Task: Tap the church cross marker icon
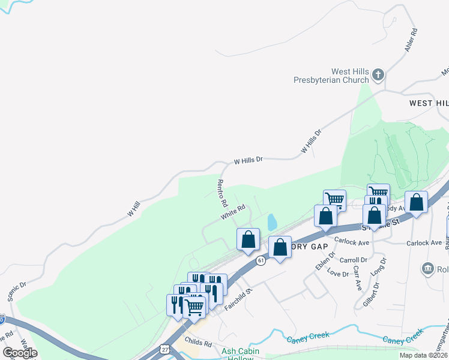pos(378,75)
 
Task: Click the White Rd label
pos(233,212)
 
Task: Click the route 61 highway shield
pos(261,260)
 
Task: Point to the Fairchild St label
pos(238,298)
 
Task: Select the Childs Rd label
pos(199,343)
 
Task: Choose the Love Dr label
pos(337,274)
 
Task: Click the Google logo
pos(20,353)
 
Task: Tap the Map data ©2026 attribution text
pos(423,355)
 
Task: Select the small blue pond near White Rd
pos(272,223)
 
